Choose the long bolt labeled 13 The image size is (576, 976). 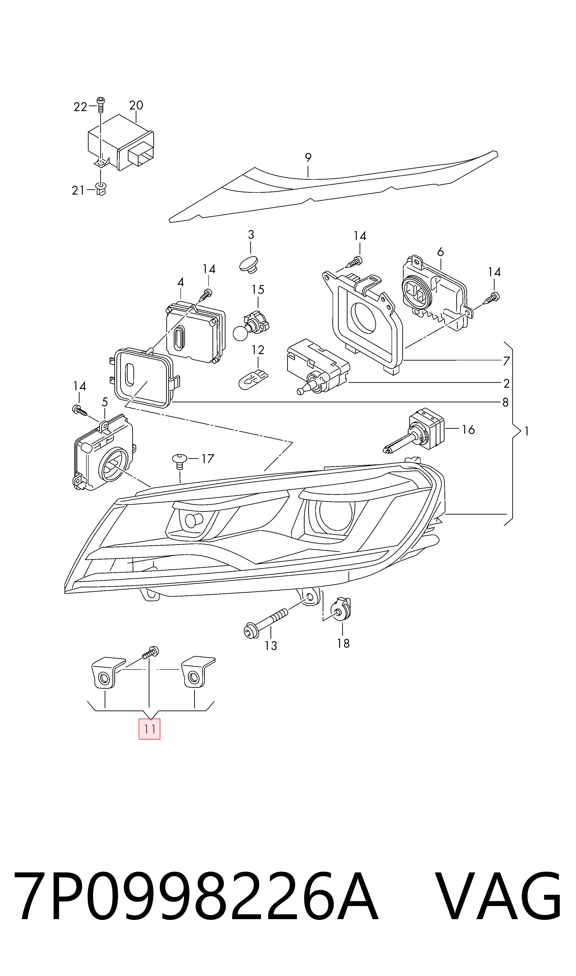266,621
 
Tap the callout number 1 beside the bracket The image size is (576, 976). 527,431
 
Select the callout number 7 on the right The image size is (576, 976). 506,361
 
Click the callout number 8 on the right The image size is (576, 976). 505,402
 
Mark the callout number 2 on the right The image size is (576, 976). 506,383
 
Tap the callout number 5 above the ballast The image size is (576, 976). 105,402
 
